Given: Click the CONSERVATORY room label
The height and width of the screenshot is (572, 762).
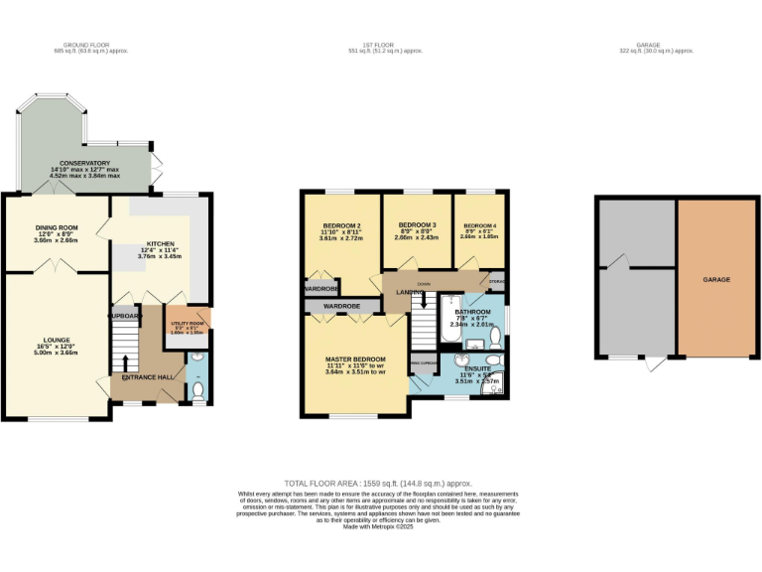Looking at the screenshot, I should pos(84,163).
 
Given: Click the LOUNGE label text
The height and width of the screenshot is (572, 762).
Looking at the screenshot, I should pos(56,340).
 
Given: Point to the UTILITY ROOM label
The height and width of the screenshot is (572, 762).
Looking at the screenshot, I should pos(188,324).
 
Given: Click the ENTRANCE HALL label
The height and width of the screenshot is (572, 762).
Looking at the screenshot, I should pos(148,377).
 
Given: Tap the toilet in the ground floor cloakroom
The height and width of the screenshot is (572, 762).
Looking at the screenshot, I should pos(197,393).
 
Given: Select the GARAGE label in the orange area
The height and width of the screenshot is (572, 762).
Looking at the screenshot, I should pos(716,280).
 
